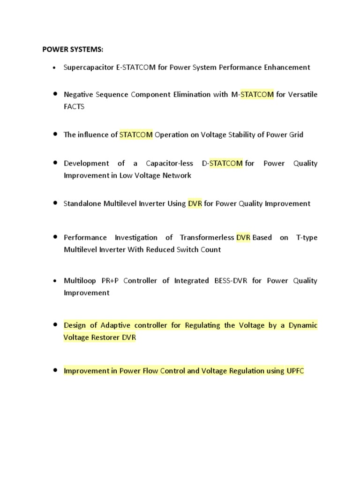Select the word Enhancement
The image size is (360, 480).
pos(286,67)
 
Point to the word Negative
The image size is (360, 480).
pos(78,95)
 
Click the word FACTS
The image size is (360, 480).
pos(74,106)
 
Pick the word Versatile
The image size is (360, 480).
pos(303,95)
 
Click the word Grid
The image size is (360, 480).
pos(295,135)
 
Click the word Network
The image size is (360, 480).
pos(176,176)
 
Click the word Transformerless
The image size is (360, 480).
pos(207,238)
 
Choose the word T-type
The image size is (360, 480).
pos(307,238)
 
